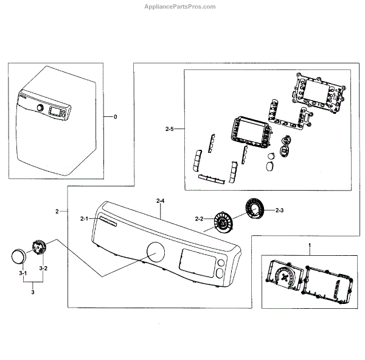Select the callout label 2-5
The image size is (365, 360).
[170, 129]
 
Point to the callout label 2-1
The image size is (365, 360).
[84, 218]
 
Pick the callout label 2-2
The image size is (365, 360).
[198, 219]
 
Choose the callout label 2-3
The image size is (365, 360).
[280, 210]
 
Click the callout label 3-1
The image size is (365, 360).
[23, 274]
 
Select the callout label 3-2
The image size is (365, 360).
[43, 268]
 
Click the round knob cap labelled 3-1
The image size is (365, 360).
[20, 255]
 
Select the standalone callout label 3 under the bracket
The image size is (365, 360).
[33, 293]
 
